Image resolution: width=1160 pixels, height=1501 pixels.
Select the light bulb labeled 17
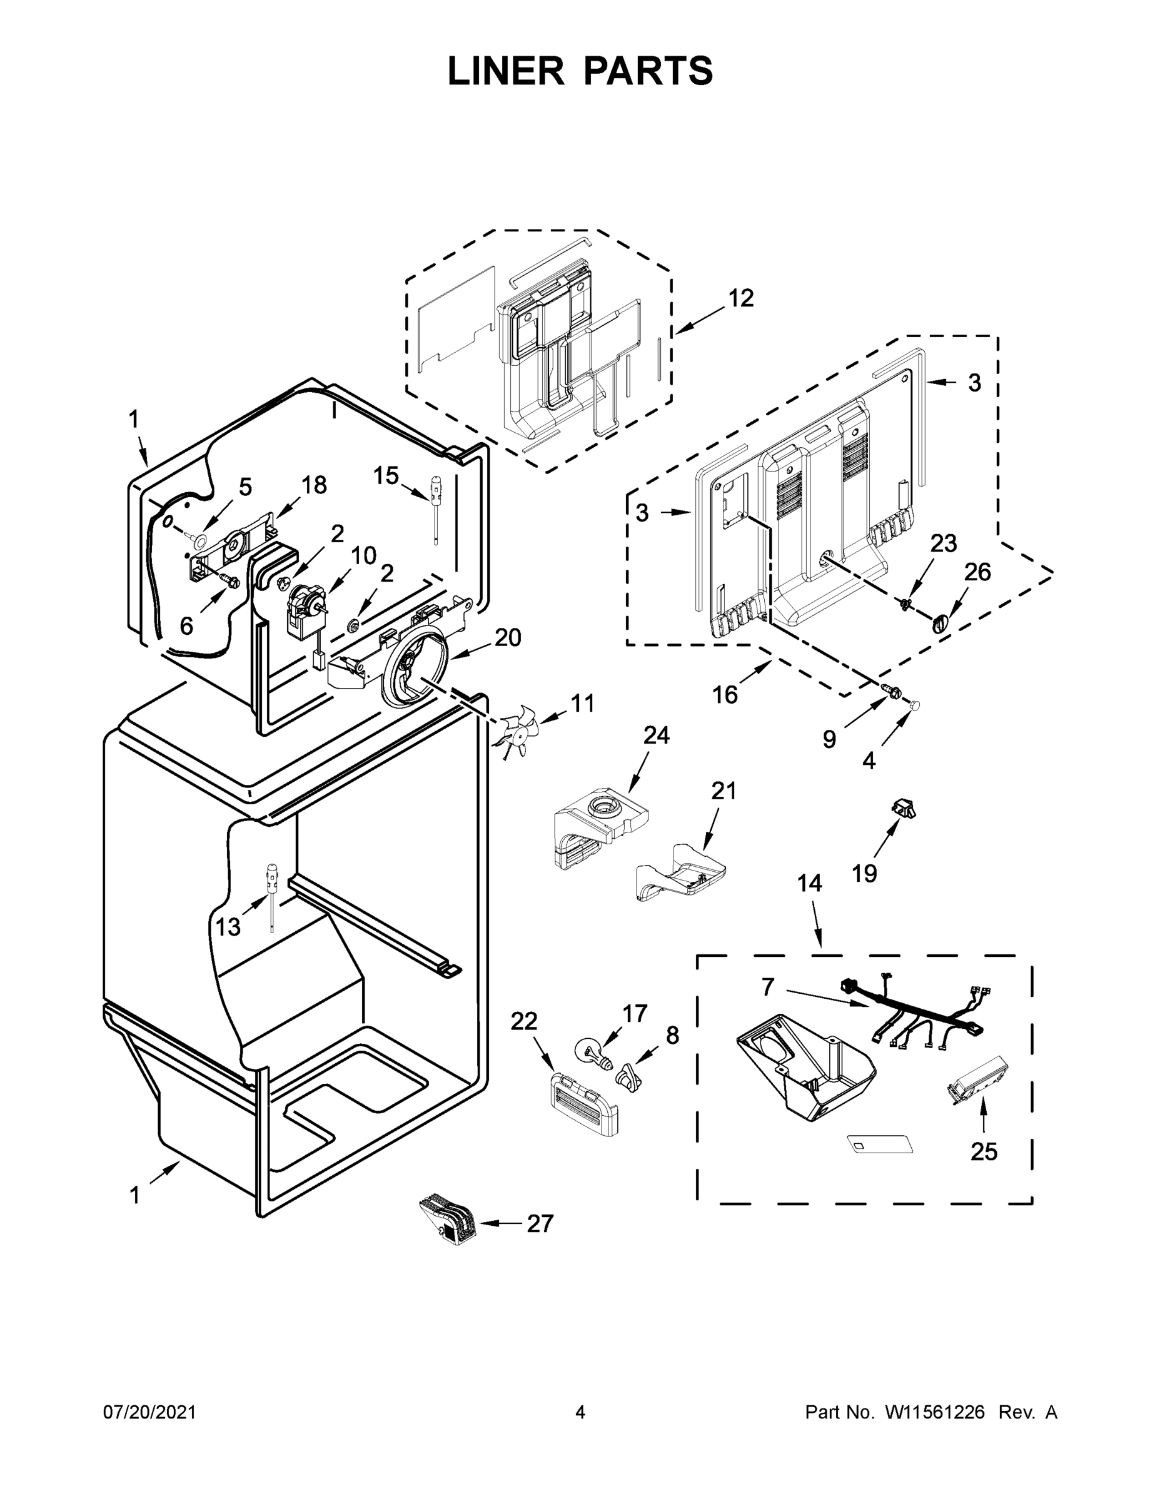coord(591,1054)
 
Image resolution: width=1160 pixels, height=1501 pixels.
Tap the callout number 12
coord(740,298)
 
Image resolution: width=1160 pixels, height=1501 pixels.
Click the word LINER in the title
coord(505,71)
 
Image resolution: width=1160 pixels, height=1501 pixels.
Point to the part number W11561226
coord(936,1412)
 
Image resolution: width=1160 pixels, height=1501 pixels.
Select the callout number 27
coord(540,1223)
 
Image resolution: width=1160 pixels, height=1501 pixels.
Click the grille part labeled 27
coord(447,1220)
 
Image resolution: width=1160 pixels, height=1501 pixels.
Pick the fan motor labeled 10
coord(303,604)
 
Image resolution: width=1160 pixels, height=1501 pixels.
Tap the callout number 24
coord(655,735)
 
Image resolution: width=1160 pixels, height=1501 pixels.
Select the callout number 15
coord(386,475)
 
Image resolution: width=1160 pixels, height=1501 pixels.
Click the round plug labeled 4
coord(915,704)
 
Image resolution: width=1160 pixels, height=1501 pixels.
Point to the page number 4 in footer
coord(580,1412)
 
